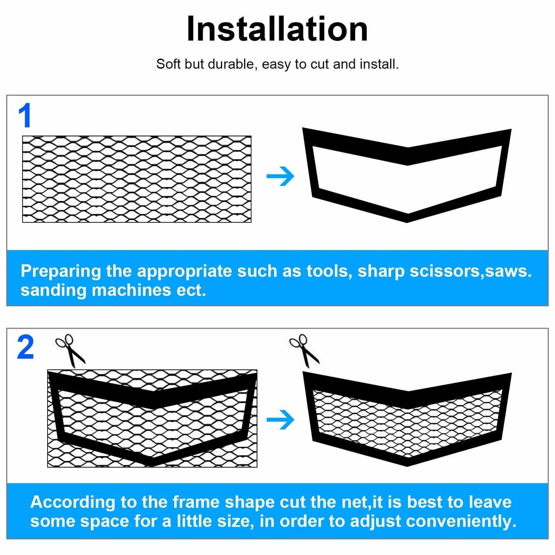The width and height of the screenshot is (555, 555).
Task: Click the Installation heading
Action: click(x=277, y=29)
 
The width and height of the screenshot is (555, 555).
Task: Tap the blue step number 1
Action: click(x=26, y=117)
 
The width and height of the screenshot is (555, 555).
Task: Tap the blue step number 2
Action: click(x=26, y=349)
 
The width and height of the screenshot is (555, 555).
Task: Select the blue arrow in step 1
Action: click(x=280, y=177)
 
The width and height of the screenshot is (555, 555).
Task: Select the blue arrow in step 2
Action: click(x=280, y=420)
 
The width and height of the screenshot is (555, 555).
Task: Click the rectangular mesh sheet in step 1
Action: click(x=137, y=179)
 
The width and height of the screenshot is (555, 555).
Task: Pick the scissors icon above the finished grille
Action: click(x=305, y=350)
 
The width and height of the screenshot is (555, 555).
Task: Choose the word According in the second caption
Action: click(x=69, y=503)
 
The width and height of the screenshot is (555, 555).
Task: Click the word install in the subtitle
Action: click(x=379, y=64)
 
